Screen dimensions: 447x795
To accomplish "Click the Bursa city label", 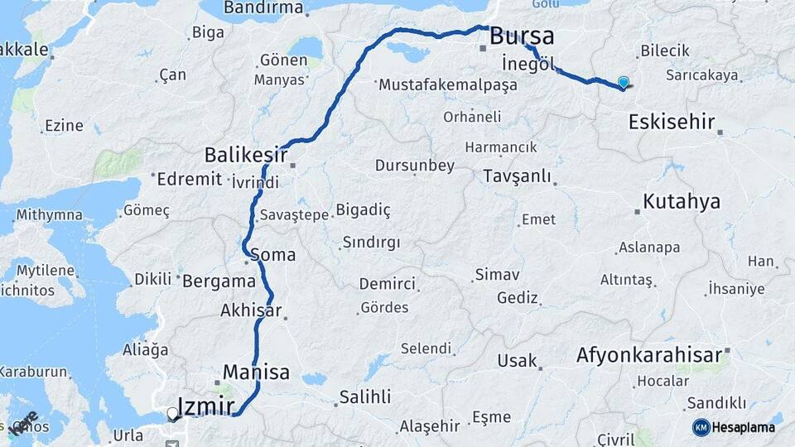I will point(522,36).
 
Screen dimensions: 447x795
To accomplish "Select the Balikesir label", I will point(246,155).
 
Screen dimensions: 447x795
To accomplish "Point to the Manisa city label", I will point(256,372).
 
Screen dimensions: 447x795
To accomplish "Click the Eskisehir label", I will point(672,123).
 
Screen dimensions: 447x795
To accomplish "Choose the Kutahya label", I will point(682,202).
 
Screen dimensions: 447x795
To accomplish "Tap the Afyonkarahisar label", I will point(649,356).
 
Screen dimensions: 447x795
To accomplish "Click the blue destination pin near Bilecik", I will point(624,82).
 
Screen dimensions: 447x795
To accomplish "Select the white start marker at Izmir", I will point(172,412).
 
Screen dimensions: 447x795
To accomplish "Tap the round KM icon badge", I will point(701,427).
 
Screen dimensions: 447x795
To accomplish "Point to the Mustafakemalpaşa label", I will point(448,85).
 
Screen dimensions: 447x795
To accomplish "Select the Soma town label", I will point(272,255).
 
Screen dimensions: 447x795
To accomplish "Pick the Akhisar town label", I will point(251,312).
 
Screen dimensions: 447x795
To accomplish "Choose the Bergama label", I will point(219,281).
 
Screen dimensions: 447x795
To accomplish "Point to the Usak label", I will point(517,361).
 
